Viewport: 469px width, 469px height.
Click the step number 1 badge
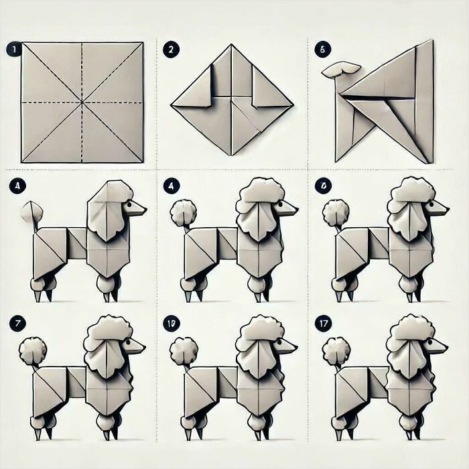coord(11,49)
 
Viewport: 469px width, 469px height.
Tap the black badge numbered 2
coord(172,49)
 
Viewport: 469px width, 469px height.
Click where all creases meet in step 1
coord(82,103)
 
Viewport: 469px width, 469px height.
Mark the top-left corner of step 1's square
coord(21,43)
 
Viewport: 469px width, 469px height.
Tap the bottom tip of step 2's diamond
coord(232,155)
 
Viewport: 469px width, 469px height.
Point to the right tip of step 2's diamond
coord(293,105)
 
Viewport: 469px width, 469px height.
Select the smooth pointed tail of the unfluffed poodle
coord(29,213)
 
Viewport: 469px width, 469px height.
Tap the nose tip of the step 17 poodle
coord(447,347)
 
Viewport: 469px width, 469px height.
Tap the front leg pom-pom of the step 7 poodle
coord(107,421)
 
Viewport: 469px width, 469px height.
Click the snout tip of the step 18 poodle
coord(297,347)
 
